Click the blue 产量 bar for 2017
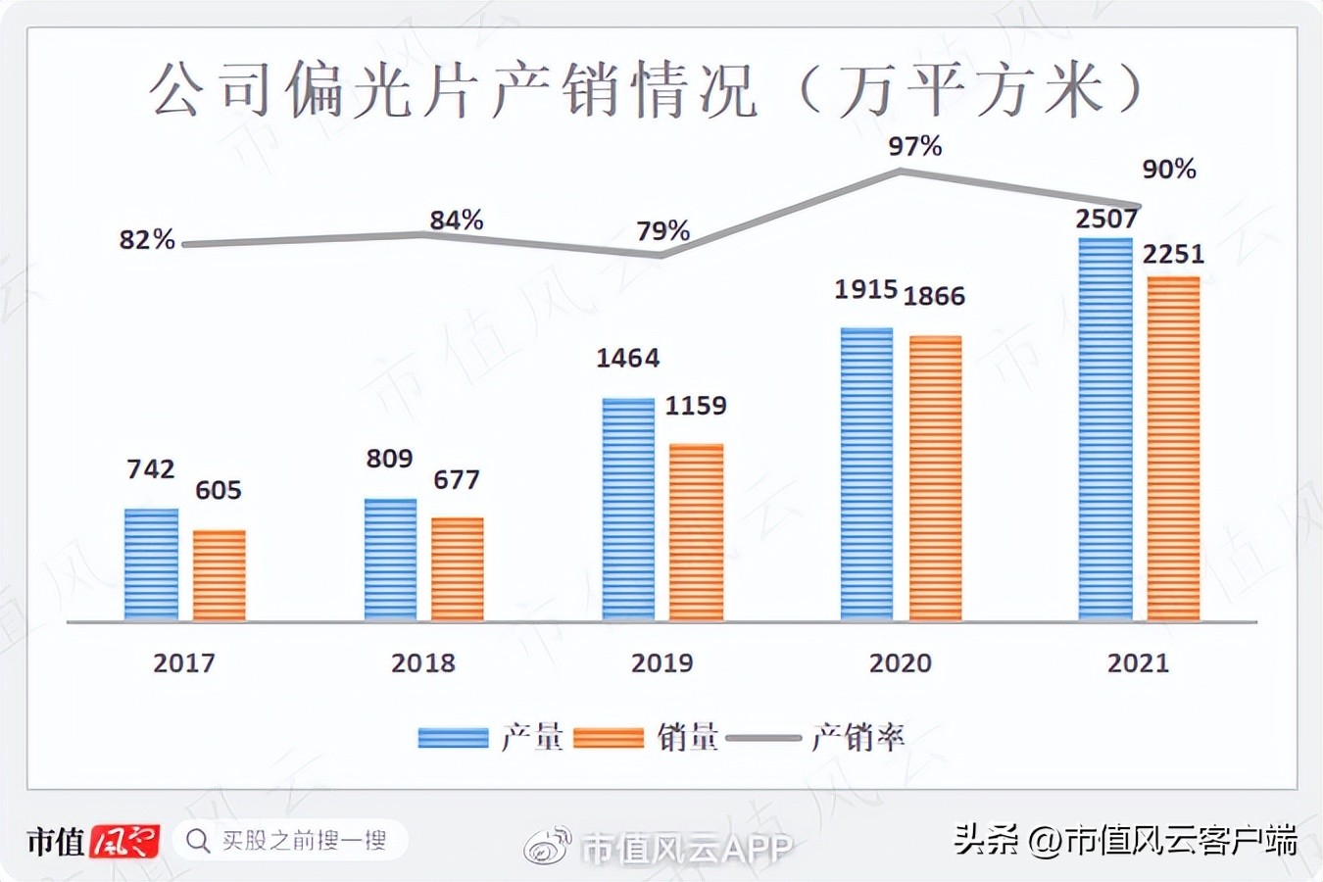point(151,564)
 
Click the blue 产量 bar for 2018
point(390,560)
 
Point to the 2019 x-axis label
point(661,663)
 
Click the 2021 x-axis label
point(1138,663)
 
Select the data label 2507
point(1106,219)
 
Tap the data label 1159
point(696,406)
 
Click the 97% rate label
point(914,147)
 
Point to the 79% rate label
point(663,231)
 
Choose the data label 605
point(218,490)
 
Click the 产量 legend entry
point(490,737)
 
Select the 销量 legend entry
point(647,737)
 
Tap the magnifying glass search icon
point(198,841)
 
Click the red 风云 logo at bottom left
point(125,841)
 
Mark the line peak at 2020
point(901,171)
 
